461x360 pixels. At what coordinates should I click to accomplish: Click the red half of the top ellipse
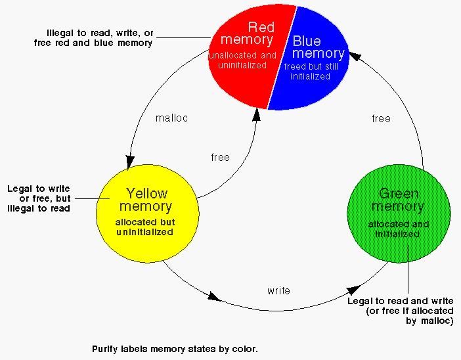[230, 79]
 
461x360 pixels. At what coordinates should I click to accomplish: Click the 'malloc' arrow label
[172, 118]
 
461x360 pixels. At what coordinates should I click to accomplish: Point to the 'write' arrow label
[278, 290]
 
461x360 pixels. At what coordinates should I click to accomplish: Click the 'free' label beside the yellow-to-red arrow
[221, 158]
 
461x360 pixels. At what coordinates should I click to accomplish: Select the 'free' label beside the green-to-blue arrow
[381, 119]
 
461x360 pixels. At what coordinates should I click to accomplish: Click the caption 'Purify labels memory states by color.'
[179, 349]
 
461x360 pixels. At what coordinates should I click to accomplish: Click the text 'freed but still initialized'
[307, 71]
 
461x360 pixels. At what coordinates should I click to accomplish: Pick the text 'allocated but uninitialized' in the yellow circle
[146, 227]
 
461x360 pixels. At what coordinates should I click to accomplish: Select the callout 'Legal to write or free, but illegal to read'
[39, 198]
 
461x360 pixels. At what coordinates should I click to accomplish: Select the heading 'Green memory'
[398, 200]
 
